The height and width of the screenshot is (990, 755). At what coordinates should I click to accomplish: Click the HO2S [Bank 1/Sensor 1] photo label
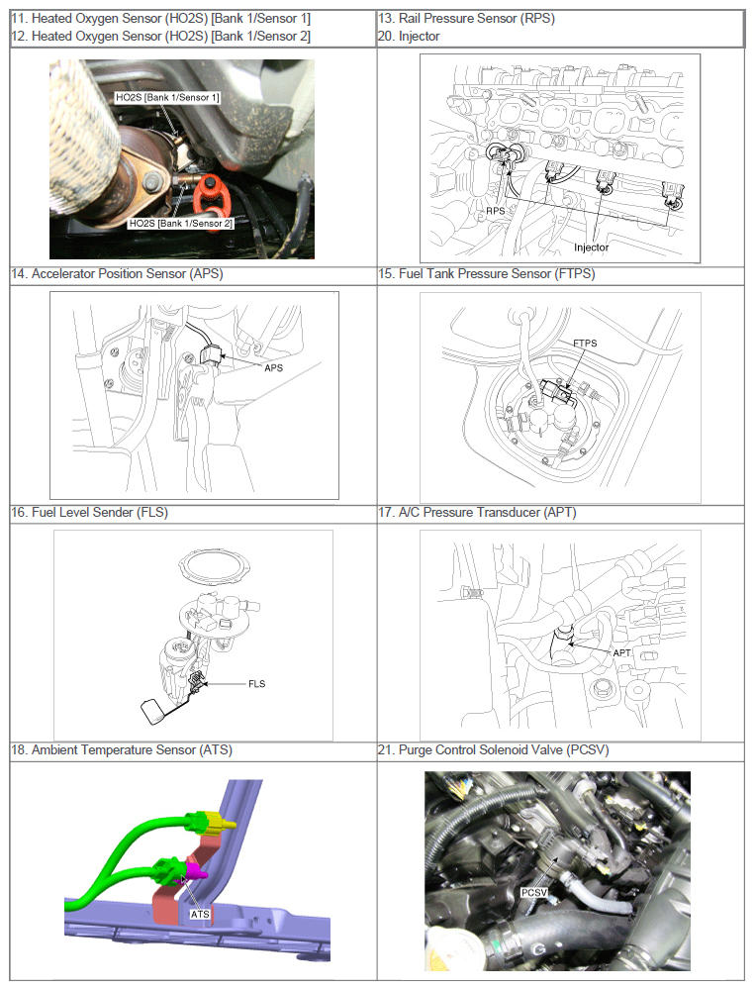(167, 97)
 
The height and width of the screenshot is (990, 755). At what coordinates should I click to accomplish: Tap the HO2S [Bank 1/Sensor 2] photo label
(180, 223)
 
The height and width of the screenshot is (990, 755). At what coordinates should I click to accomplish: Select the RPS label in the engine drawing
(496, 211)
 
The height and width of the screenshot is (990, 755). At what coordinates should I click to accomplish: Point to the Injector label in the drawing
(591, 247)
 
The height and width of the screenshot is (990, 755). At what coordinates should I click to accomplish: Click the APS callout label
(273, 367)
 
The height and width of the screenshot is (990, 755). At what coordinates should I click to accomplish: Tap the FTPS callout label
(585, 343)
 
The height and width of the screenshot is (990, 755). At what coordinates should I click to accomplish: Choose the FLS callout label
(256, 684)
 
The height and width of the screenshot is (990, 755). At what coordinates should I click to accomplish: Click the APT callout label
(621, 652)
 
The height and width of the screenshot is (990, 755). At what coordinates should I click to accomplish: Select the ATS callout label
(200, 914)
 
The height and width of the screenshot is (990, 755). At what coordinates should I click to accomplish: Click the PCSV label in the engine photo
(534, 892)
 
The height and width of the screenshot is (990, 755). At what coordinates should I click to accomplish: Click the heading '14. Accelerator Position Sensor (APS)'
(118, 274)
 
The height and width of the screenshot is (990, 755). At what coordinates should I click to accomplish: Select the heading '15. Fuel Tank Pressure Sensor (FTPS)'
(487, 274)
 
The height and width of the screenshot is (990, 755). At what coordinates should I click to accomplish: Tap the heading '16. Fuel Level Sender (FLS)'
(90, 512)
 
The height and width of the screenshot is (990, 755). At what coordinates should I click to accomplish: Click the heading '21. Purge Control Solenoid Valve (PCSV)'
(494, 750)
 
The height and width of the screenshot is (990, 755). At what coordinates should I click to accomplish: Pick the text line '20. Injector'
(409, 36)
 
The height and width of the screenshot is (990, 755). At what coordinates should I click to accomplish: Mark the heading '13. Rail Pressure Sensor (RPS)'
(467, 18)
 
